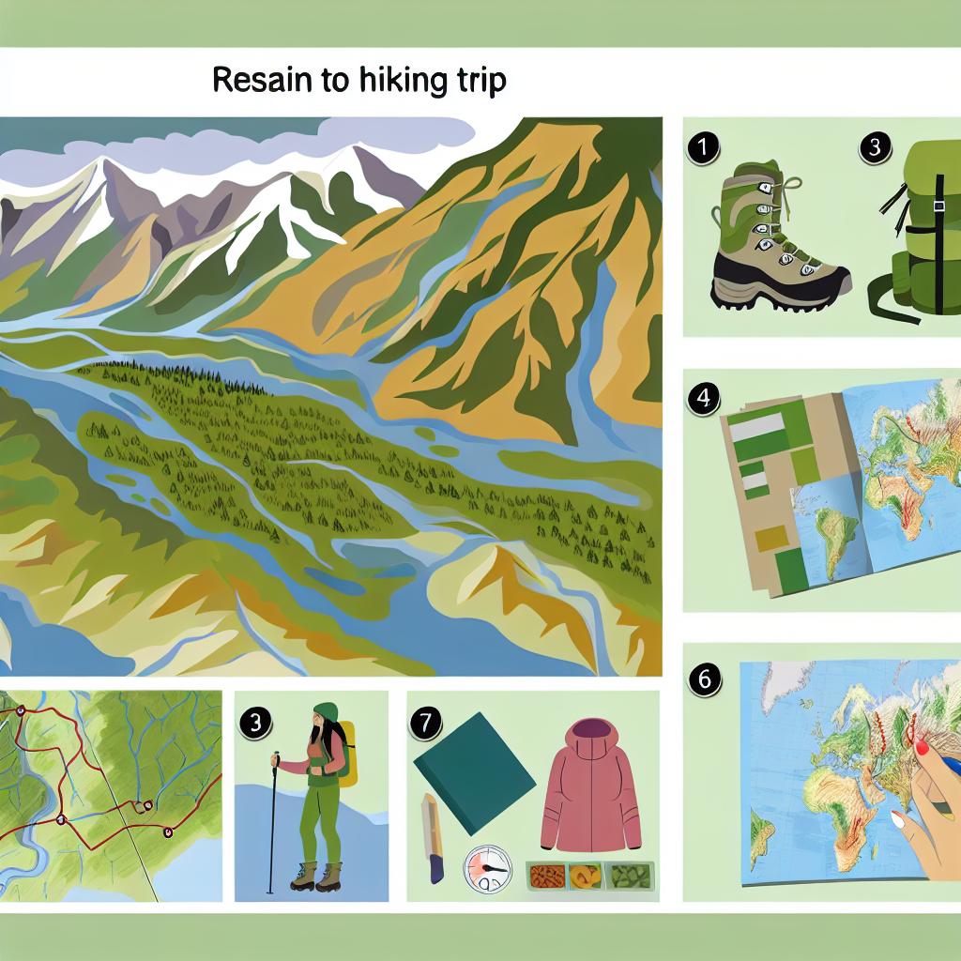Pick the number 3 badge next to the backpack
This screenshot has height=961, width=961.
(875, 147)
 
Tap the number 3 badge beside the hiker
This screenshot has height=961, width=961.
(255, 724)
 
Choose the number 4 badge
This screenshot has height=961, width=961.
(703, 398)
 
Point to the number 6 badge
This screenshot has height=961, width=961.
(704, 679)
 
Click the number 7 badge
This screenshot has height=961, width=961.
(425, 724)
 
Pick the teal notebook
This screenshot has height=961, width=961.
(474, 773)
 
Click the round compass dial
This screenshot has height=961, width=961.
(487, 869)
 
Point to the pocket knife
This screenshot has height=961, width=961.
(432, 838)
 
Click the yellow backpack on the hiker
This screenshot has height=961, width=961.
(347, 754)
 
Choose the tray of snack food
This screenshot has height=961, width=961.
(590, 876)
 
